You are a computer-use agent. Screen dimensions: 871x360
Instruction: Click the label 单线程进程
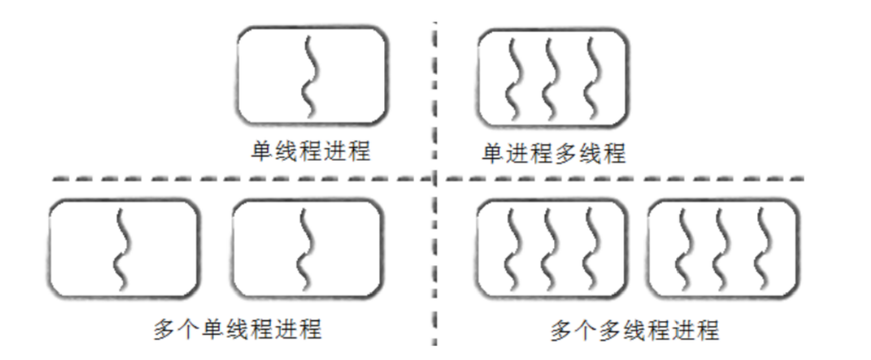coord(310,151)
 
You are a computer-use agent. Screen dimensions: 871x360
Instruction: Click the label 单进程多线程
coord(553,153)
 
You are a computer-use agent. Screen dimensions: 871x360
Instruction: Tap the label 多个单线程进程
coord(237,329)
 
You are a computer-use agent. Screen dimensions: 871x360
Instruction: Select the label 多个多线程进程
coord(634,331)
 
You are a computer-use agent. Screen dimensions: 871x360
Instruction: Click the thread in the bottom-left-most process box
coord(123,250)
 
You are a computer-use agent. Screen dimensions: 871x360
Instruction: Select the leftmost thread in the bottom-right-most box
coord(685,250)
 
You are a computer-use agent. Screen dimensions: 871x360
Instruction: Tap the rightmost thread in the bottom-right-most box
coord(764,250)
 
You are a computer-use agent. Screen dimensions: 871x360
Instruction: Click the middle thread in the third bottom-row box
coord(551,250)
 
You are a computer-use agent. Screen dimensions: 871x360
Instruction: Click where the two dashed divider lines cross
coord(435,179)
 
